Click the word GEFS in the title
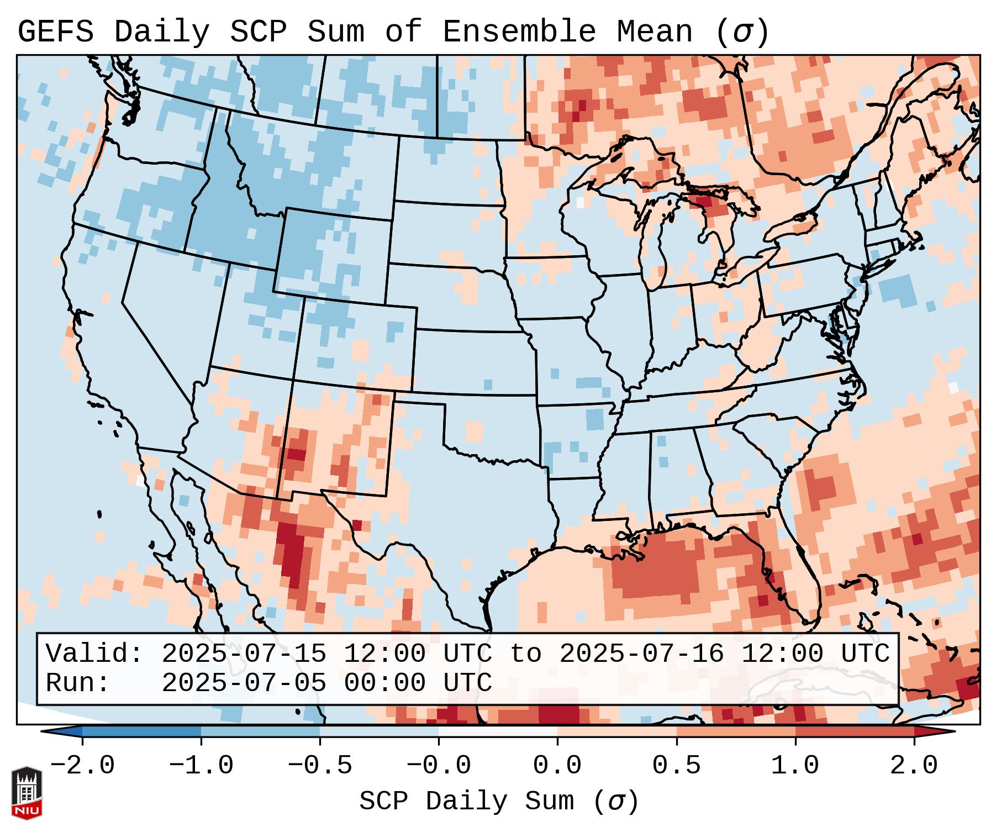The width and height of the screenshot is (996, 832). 56,32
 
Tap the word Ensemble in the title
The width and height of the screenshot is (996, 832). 519,32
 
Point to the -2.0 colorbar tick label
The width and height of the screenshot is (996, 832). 82,766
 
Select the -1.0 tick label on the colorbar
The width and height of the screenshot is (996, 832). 201,766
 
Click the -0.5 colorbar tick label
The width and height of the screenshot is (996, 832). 320,766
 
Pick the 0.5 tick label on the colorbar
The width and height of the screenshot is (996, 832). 676,766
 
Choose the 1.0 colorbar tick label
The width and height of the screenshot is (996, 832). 795,766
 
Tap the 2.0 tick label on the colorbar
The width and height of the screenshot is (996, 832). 914,766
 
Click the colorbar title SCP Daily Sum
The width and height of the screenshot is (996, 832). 467,801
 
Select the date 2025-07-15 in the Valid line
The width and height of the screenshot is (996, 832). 244,654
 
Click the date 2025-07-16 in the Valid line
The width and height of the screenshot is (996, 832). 641,654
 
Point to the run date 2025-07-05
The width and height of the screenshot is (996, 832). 244,683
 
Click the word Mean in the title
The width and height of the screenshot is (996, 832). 654,32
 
